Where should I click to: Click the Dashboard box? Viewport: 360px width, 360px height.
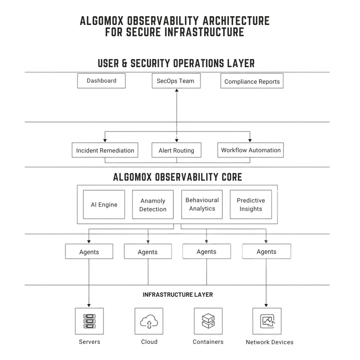click(x=101, y=81)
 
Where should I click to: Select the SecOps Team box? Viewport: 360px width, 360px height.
click(x=176, y=81)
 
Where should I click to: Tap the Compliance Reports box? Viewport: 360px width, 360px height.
click(x=252, y=82)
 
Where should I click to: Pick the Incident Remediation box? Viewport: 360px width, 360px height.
click(x=105, y=150)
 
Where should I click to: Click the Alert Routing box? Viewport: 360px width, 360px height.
click(x=176, y=150)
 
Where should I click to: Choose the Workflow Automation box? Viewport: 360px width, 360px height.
click(x=251, y=150)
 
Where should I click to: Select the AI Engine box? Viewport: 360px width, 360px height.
click(x=104, y=205)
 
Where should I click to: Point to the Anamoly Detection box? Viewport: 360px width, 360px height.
click(x=153, y=205)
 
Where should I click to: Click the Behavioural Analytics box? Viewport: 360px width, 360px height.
click(x=202, y=204)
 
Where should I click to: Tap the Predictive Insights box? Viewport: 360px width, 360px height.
click(x=251, y=205)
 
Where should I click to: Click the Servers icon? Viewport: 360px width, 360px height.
click(x=89, y=321)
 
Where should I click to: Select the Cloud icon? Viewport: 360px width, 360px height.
click(x=149, y=321)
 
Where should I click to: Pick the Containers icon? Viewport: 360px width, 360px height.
click(x=208, y=321)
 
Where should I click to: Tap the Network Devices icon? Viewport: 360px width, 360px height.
click(x=267, y=321)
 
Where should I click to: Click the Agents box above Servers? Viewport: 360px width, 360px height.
click(x=89, y=252)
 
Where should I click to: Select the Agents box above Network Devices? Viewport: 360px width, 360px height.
click(x=267, y=252)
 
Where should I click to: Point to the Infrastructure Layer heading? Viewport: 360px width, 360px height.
click(x=178, y=295)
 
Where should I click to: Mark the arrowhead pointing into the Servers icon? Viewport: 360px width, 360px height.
click(x=89, y=305)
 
